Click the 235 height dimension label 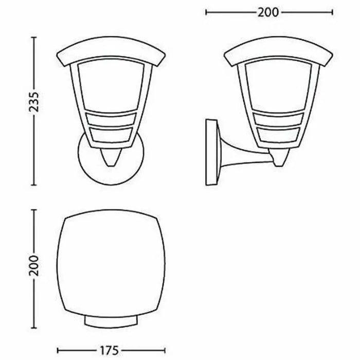pos(34,111)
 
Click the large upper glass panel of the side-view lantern pos(281,85)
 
